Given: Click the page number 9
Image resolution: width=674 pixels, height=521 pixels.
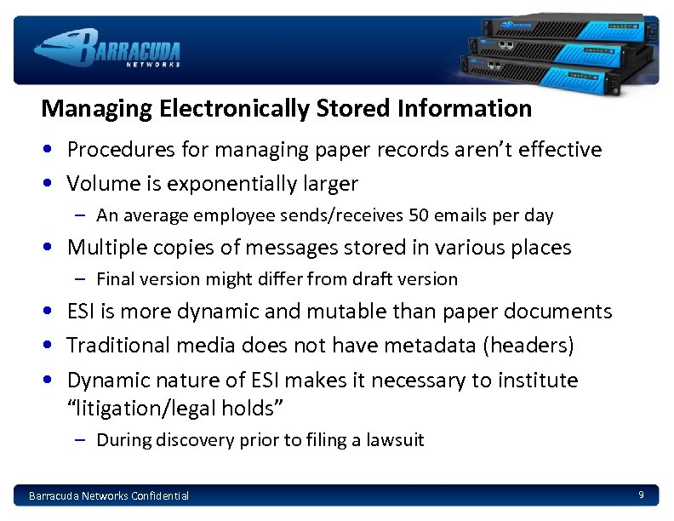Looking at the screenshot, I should point(641,495).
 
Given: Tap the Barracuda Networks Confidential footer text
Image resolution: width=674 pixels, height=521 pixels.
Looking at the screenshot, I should point(109,495).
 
